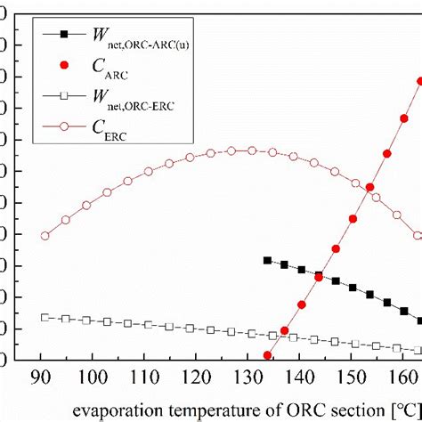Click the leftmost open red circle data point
[x=45, y=236]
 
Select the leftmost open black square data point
[x=45, y=317]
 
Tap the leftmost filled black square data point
[x=267, y=260]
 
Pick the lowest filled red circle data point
[x=267, y=355]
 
